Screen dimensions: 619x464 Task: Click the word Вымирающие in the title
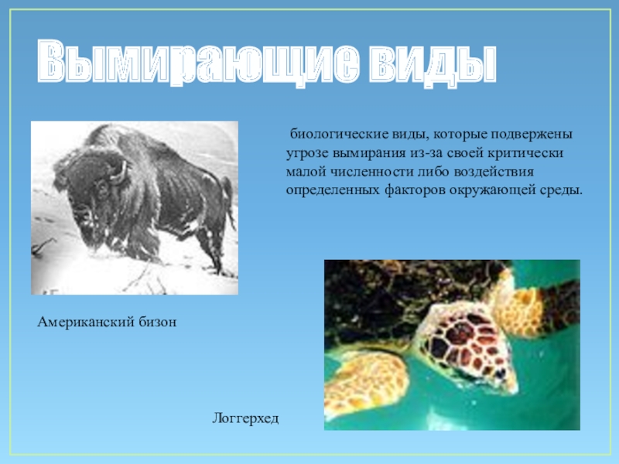click(x=199, y=63)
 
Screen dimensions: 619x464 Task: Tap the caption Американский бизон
click(x=107, y=322)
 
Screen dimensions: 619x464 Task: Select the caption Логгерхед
click(x=245, y=418)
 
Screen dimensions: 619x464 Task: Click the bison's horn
click(x=120, y=173)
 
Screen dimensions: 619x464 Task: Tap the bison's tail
click(x=227, y=201)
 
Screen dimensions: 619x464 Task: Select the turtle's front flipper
click(x=365, y=382)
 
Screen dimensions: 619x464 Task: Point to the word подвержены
click(x=532, y=134)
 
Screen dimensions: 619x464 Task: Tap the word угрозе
click(x=307, y=153)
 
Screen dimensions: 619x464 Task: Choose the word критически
click(x=525, y=153)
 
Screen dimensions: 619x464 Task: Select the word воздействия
click(x=494, y=172)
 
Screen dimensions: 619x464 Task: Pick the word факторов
click(x=415, y=190)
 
